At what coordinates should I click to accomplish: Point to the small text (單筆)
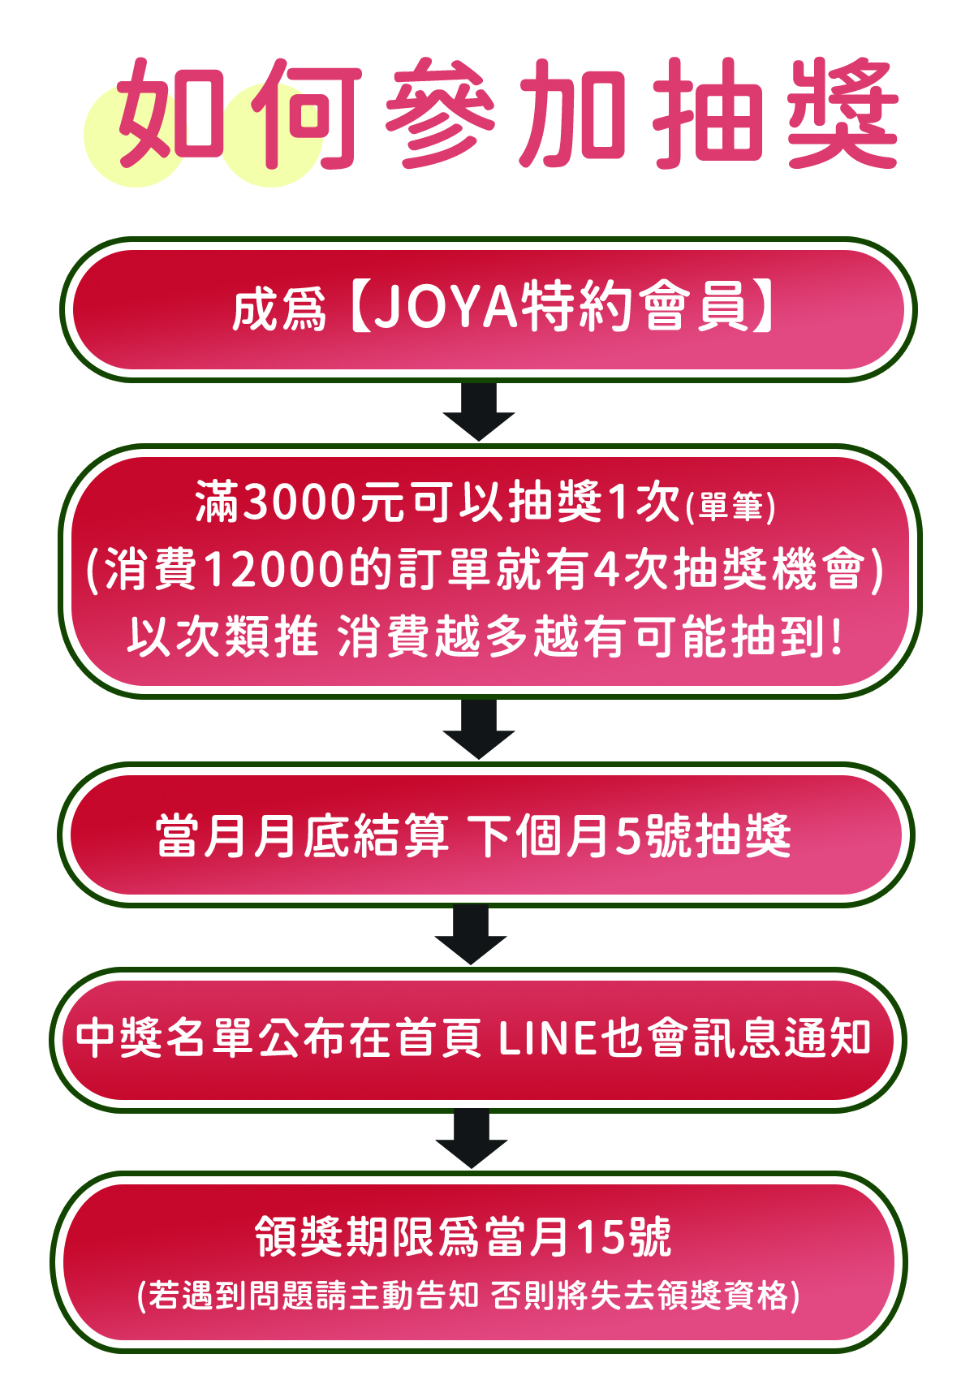(730, 507)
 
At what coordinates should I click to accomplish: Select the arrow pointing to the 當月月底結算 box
(479, 729)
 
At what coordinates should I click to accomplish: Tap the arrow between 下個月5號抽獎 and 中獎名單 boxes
(471, 934)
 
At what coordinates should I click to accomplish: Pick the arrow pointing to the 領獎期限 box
(472, 1139)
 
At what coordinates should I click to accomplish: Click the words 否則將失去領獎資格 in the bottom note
(645, 1296)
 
